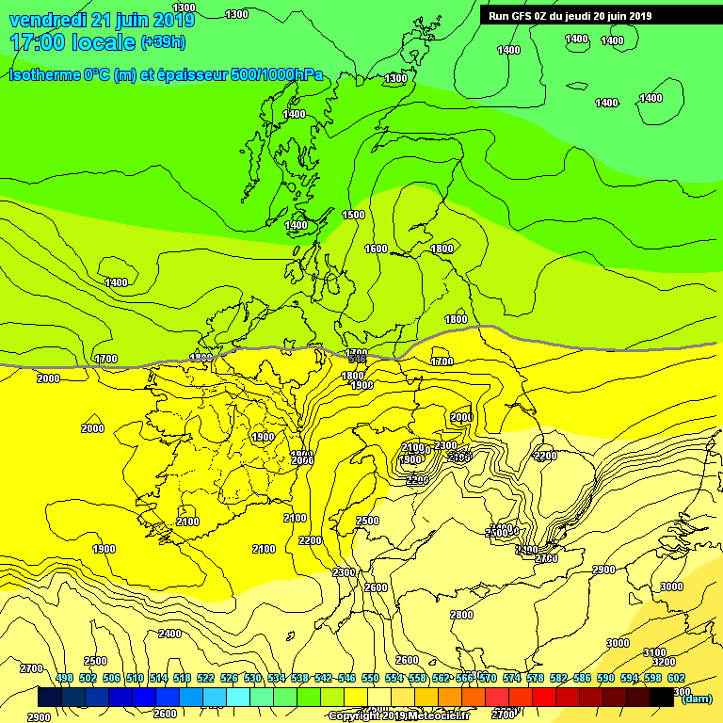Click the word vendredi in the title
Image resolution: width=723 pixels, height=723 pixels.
48,20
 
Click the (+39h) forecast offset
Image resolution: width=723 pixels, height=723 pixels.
163,42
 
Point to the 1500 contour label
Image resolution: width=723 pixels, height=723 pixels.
353,215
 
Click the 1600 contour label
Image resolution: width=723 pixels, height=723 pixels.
376,249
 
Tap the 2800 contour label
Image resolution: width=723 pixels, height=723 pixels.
461,615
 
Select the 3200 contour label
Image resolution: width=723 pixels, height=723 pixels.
664,662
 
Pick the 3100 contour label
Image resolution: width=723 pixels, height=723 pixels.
654,652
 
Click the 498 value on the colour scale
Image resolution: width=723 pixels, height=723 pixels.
64,678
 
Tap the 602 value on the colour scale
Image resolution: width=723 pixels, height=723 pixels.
676,678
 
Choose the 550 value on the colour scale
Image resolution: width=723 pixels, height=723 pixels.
370,678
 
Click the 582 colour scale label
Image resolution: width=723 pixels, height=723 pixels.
558,678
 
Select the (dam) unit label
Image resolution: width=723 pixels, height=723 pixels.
697,698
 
